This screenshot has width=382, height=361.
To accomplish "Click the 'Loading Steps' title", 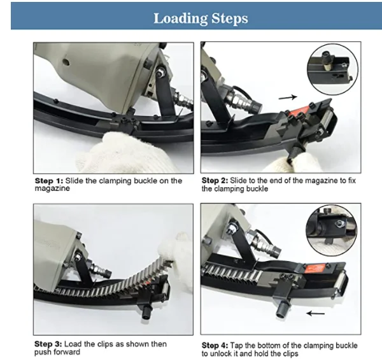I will coord(201,17).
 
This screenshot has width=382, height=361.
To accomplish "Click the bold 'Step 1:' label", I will coord(48,181).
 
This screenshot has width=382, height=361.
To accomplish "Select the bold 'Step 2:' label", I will coord(216,181).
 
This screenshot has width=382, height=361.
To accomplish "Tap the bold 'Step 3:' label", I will coord(48,344).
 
